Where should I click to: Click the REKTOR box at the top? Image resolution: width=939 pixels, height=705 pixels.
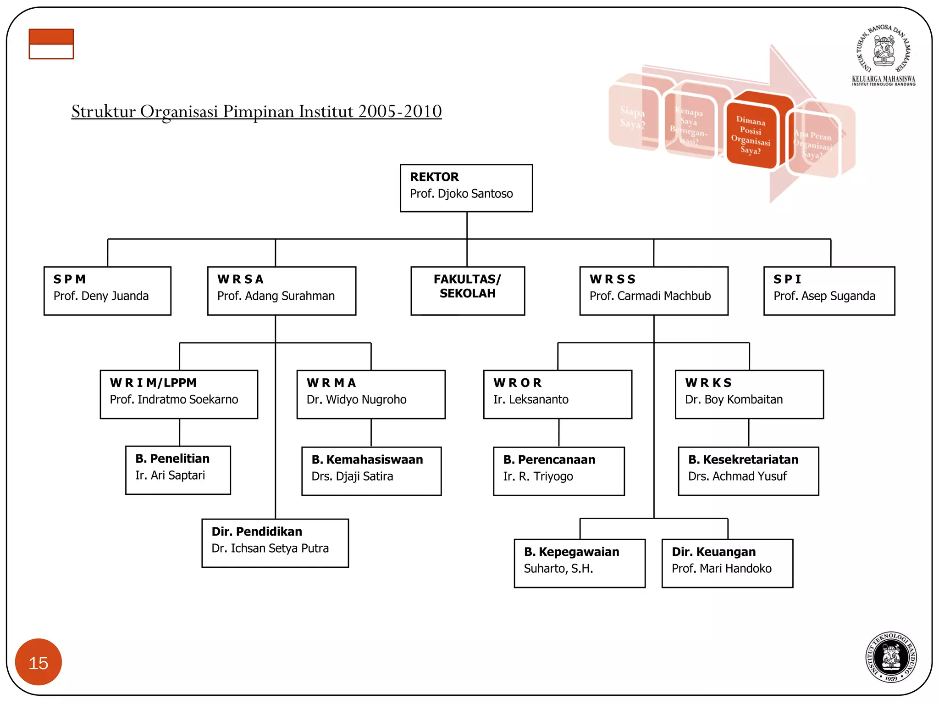(466, 188)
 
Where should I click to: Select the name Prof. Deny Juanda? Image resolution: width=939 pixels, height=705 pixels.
(101, 296)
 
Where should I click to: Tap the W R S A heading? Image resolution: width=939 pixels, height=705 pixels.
(240, 279)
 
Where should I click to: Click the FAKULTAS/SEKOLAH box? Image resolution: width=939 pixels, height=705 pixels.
(467, 291)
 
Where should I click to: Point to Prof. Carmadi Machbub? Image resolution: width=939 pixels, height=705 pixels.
(650, 296)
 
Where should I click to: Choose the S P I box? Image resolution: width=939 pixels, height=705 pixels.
(829, 291)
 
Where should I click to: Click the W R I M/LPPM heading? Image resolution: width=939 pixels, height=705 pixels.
(153, 383)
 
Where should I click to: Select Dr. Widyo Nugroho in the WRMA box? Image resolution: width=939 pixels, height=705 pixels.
(356, 400)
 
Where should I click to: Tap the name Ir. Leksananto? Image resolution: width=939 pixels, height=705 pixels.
(530, 400)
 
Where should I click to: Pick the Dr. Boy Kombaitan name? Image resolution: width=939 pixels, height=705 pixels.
(734, 400)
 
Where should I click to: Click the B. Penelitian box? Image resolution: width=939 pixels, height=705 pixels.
(178, 470)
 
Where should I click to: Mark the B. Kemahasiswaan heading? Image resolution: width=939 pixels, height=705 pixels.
(367, 459)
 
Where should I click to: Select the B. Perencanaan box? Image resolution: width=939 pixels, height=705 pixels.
(558, 471)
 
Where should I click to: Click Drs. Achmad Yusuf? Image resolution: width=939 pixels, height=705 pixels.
(737, 476)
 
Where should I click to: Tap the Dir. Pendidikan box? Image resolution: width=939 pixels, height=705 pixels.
(275, 543)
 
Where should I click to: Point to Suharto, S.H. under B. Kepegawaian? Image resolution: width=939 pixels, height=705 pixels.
(558, 569)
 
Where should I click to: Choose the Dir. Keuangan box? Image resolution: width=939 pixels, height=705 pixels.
(727, 563)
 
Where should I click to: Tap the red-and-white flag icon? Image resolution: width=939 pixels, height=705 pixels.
(51, 44)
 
